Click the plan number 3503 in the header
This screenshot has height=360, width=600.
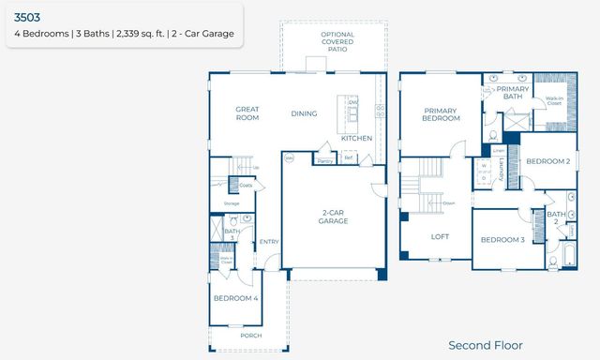coord(28,16)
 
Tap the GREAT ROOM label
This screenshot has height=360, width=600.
coord(247,113)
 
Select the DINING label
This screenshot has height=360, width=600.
coord(304,114)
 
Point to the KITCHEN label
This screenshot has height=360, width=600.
coord(356,138)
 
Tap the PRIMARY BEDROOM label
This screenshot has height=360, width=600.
coord(441,113)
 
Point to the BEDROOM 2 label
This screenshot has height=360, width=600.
coord(548,161)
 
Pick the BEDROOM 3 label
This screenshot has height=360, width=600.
coord(502,240)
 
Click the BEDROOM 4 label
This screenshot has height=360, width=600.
coord(235,298)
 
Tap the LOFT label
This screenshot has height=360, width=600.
coord(441,237)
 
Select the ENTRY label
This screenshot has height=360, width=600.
coord(269,241)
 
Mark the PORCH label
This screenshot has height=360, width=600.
coord(250,335)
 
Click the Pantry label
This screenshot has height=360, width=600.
coord(325,160)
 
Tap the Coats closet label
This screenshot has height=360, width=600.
coord(246,185)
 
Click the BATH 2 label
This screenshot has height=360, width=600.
coord(557,218)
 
